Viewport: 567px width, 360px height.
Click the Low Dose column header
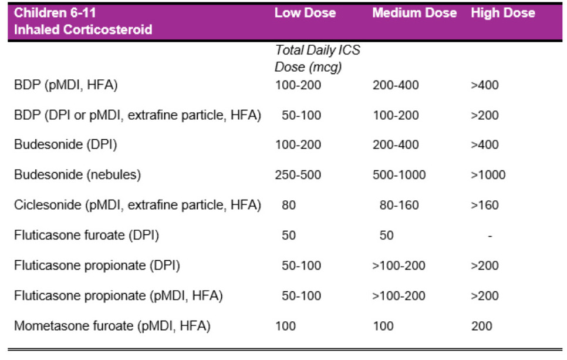pos(305,13)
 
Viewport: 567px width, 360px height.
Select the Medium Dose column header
pos(414,13)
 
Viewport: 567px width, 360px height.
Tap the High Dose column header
pos(502,13)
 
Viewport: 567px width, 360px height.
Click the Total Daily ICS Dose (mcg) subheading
pos(317,59)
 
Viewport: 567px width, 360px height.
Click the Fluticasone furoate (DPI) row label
pos(86,235)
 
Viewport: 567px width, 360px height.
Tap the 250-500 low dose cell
pos(298,175)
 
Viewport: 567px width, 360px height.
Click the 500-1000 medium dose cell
pos(399,175)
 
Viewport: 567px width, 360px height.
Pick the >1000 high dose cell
pos(488,175)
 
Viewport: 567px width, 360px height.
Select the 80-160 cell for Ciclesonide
pos(399,205)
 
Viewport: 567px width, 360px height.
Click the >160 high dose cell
pos(484,205)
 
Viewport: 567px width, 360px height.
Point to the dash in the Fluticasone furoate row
pos(490,235)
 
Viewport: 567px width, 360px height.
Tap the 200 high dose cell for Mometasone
pos(481,325)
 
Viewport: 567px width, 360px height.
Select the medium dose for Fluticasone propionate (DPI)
pos(399,265)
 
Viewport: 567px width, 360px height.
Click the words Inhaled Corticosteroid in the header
pos(83,29)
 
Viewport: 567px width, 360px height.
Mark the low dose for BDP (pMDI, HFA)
pos(298,85)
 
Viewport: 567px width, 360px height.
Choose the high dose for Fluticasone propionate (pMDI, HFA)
pos(484,295)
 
